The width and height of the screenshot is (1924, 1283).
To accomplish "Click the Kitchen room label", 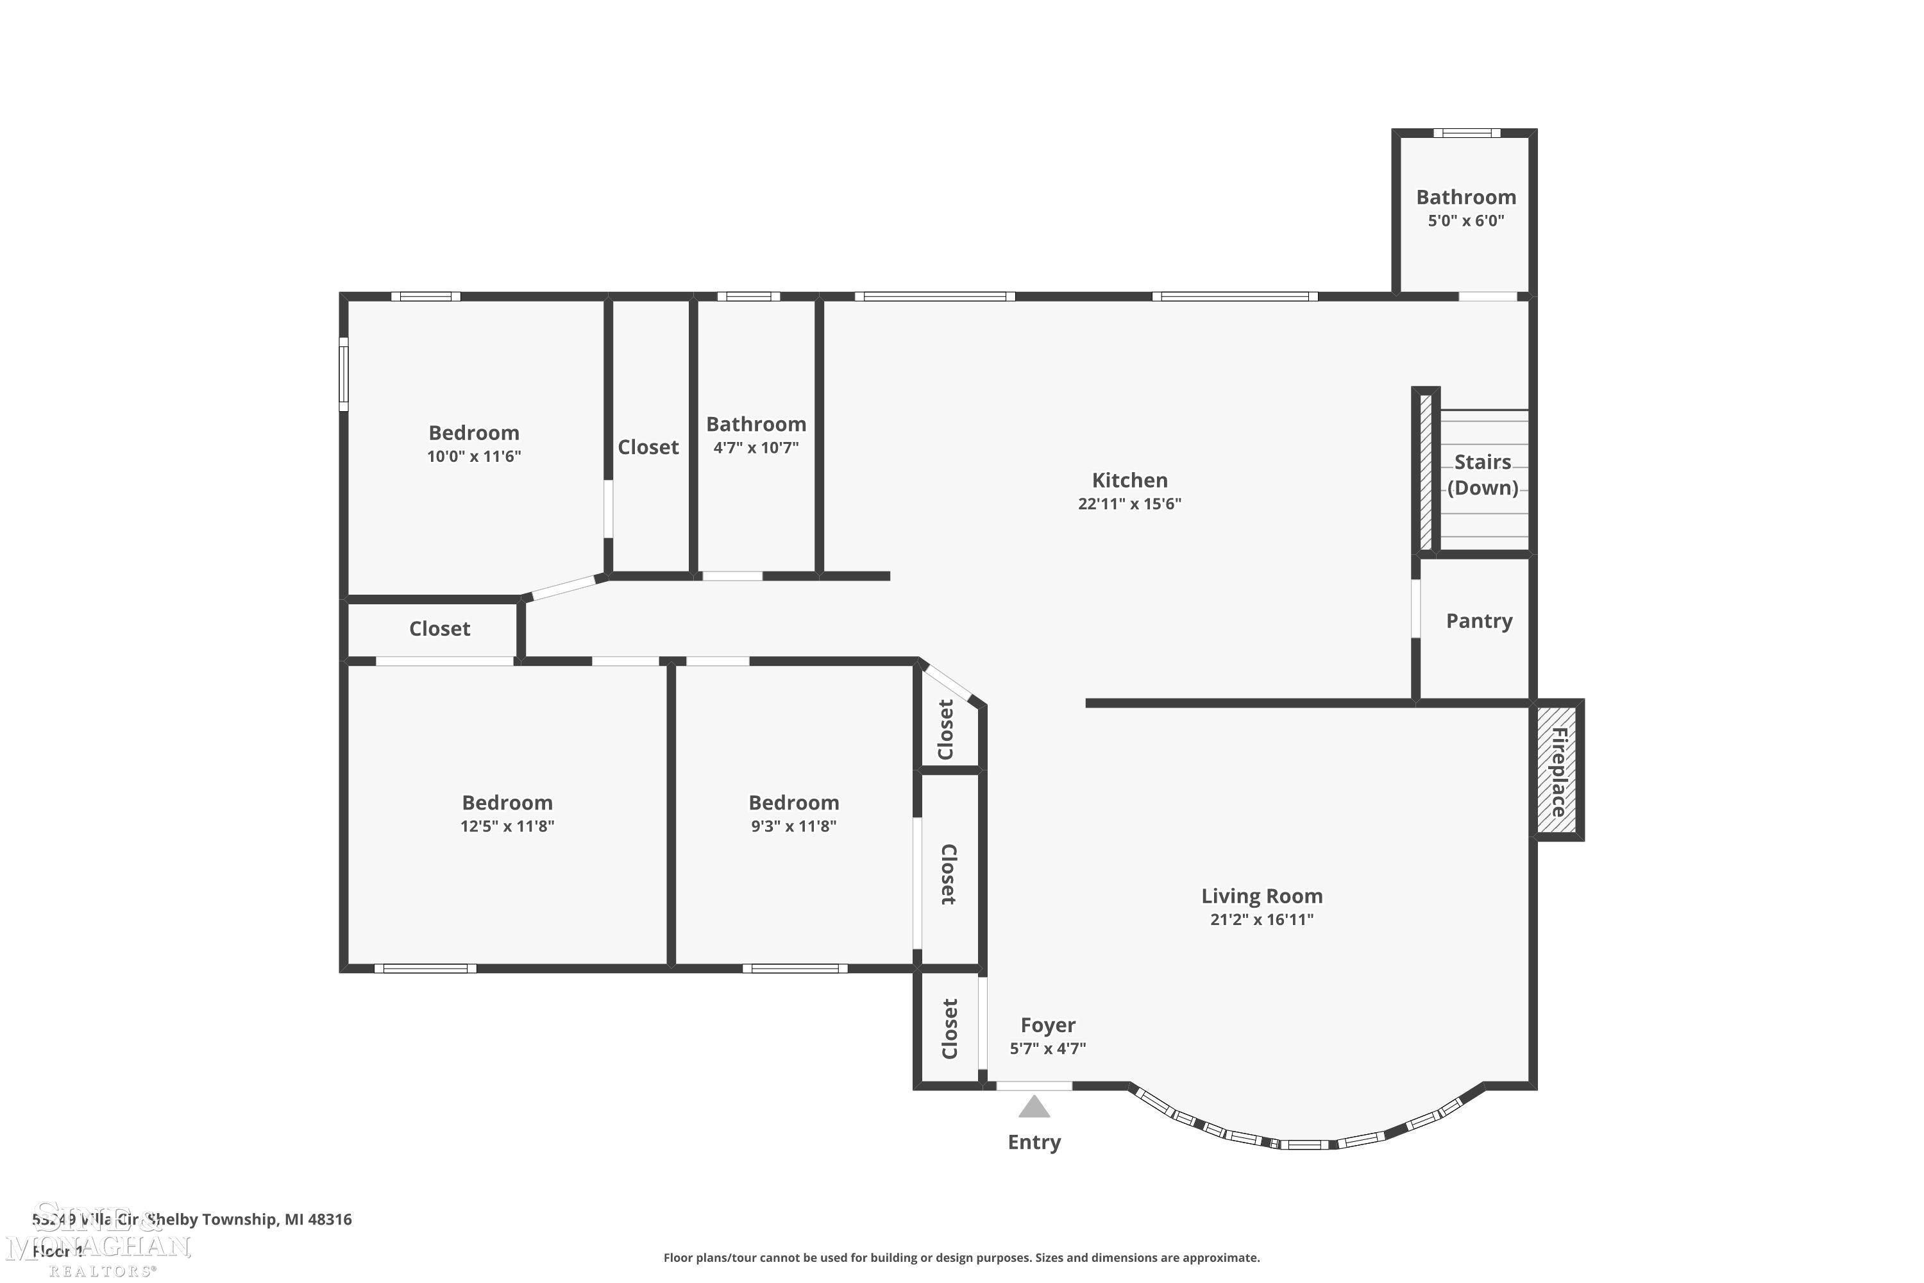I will coord(1129,480).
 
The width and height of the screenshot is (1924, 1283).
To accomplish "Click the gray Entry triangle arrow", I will coord(1034,1108).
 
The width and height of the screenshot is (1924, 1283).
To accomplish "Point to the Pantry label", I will coord(1478,621).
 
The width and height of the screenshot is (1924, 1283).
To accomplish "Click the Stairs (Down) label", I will coord(1482,475).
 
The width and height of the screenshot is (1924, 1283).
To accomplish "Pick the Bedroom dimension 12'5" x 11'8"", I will coord(507,826).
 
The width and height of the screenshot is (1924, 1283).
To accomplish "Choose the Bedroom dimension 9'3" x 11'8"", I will coord(793,826).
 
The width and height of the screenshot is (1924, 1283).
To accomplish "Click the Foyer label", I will coord(1047,1025).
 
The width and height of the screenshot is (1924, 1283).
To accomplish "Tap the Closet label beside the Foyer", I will coord(950,1028).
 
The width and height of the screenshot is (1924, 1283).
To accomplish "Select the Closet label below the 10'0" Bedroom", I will coord(439,629).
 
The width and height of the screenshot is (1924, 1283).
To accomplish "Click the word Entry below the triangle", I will coord(1034,1143).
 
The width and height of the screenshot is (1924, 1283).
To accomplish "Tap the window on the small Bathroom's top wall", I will coord(1466,133).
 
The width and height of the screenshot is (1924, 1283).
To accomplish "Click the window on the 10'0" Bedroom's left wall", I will coord(344,374).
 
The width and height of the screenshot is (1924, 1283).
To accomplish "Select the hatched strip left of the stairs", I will coord(1425,472).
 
